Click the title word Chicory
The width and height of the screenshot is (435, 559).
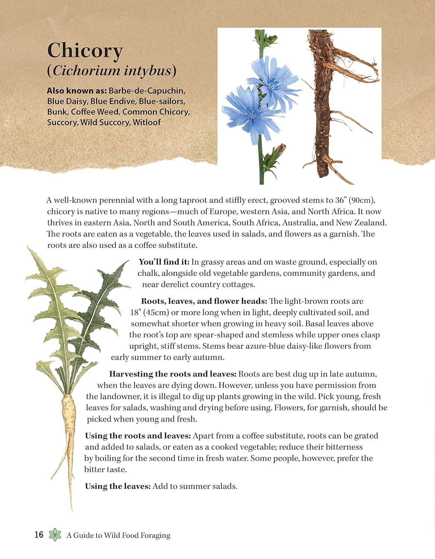pyautogui.click(x=85, y=51)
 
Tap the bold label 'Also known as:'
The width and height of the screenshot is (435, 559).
pyautogui.click(x=77, y=91)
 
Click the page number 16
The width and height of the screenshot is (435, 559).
pyautogui.click(x=39, y=535)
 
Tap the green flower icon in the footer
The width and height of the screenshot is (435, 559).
pyautogui.click(x=55, y=535)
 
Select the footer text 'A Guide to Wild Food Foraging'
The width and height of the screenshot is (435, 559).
pyautogui.click(x=119, y=536)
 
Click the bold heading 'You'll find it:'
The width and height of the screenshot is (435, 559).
pyautogui.click(x=164, y=262)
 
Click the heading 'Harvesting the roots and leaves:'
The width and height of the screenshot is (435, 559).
pyautogui.click(x=173, y=374)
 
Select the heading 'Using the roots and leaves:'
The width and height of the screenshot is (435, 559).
pyautogui.click(x=138, y=436)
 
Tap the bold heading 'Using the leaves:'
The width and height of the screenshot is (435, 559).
pyautogui.click(x=118, y=486)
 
